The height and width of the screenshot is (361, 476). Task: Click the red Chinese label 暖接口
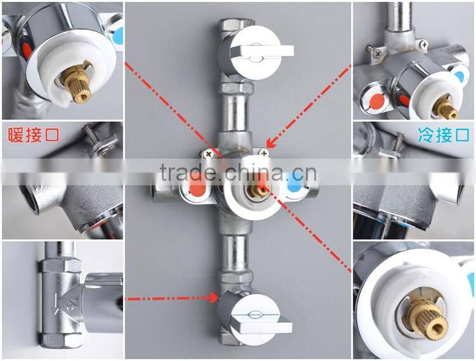(x=34, y=135)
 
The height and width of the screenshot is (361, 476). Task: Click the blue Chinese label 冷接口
(x=444, y=135)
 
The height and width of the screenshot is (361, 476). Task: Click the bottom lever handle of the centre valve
(x=260, y=326)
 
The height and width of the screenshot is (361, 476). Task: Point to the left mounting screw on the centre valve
(x=208, y=154)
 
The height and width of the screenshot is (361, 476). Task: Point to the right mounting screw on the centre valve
(x=263, y=152)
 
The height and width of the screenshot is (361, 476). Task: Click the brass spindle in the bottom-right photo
(x=425, y=318)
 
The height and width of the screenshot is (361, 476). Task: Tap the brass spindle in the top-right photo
(x=447, y=109)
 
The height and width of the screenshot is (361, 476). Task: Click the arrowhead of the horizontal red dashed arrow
(x=214, y=298)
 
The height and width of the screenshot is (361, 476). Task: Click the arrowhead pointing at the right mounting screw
(x=271, y=142)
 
